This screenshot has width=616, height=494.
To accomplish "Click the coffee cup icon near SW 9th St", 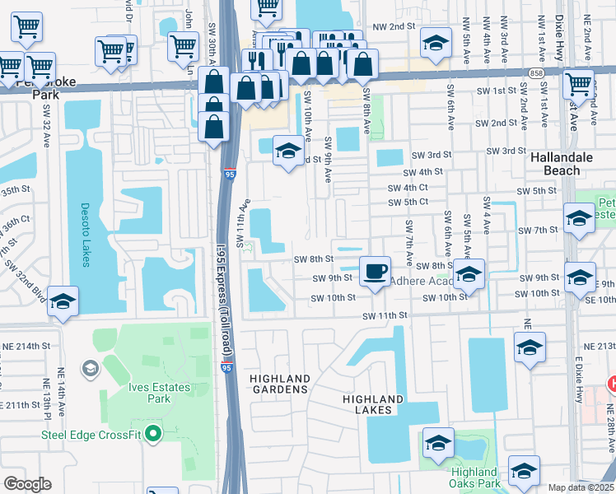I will (x=376, y=271).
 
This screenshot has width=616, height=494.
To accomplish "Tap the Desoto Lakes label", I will (x=86, y=235).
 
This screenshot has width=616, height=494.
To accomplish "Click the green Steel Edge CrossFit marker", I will (x=152, y=432).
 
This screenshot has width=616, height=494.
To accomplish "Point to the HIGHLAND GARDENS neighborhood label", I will (x=279, y=383).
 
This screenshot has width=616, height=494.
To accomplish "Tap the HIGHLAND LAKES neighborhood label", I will (x=373, y=405).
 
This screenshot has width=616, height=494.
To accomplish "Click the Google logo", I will (x=27, y=484).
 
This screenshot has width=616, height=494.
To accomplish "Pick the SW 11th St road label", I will (x=387, y=315).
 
